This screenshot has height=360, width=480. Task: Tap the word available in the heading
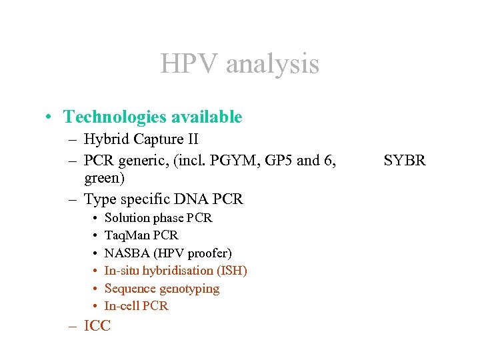[207, 117]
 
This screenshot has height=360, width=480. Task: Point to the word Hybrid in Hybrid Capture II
[105, 140]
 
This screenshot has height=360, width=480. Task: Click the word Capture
[157, 140]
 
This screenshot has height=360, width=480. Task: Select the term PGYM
[241, 160]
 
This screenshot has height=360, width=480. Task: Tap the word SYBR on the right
[404, 160]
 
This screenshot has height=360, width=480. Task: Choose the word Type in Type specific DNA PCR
[100, 199]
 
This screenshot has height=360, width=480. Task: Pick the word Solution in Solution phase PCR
[128, 218]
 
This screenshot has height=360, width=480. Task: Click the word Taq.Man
[128, 235]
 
